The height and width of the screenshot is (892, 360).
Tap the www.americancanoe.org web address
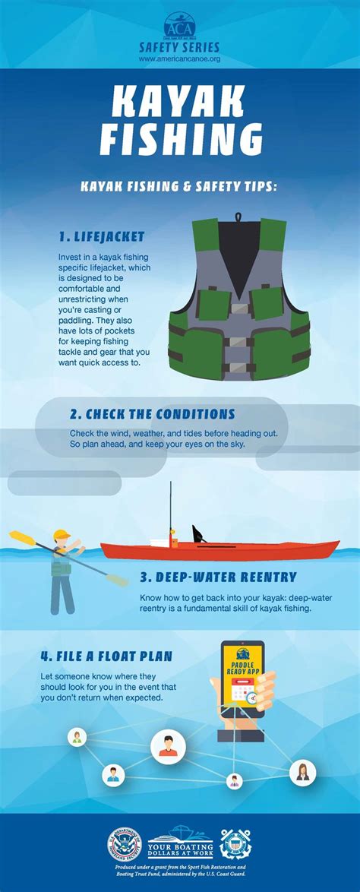180,58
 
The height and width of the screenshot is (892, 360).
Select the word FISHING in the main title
179,142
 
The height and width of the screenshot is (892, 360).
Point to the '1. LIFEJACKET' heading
101,236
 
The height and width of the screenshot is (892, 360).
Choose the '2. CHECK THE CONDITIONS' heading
152,414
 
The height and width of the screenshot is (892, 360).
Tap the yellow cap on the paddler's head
61,534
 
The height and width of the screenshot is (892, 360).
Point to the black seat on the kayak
199,533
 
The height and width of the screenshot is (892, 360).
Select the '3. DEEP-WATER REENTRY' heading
218,577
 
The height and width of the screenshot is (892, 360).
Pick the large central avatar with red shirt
168,748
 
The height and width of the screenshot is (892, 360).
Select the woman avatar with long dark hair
302,773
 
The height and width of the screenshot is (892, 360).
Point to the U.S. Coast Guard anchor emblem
235,844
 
